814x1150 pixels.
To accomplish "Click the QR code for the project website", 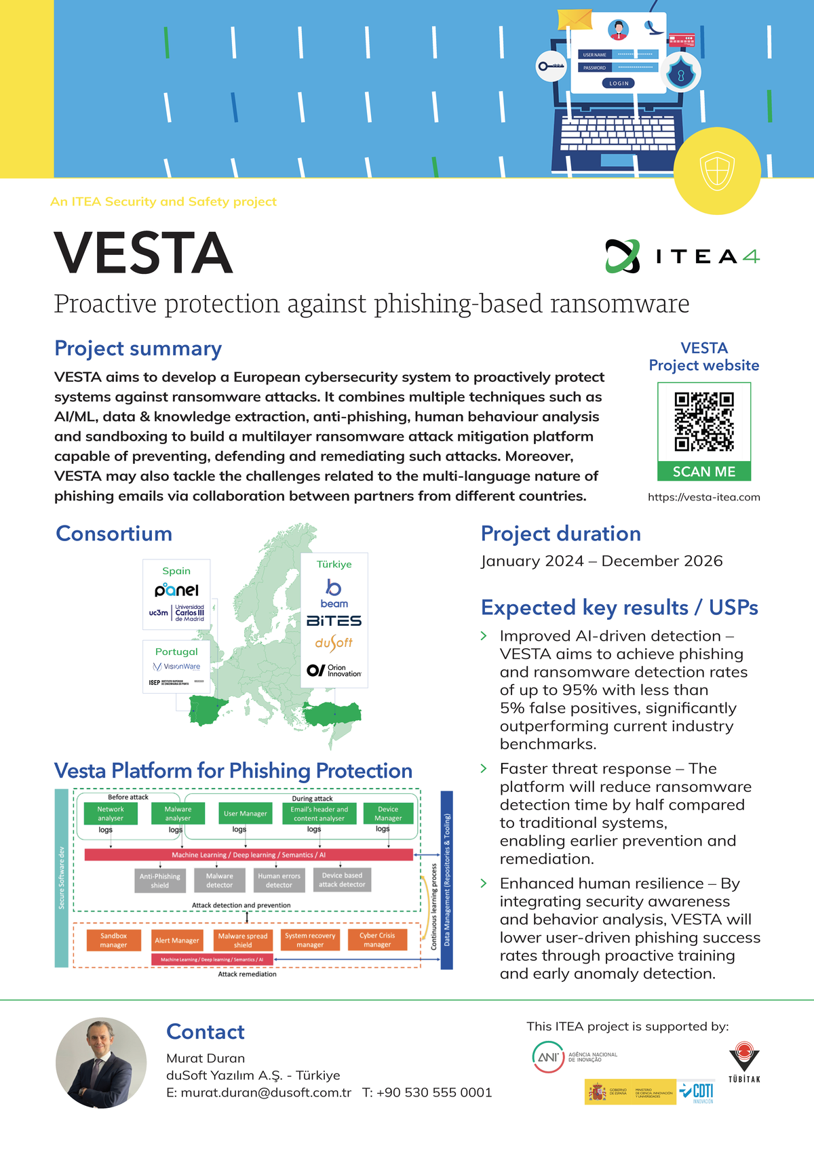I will pos(704,422).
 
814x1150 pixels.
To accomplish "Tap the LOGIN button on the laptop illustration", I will pos(618,83).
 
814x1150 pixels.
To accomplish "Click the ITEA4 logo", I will pos(682,256).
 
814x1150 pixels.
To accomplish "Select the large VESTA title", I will pos(143,253).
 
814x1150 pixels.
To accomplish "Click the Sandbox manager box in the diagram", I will pos(113,940).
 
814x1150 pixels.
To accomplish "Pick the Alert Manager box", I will pos(176,940).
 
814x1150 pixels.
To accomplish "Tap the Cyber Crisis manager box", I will pos(377,940).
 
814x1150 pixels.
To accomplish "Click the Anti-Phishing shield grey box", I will pos(159,880).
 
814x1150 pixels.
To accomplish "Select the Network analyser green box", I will pos(111,814).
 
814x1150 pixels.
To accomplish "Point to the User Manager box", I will pos(245,814).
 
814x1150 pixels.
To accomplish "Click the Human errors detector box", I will pos(279,880).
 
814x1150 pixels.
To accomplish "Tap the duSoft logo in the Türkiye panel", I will pos(334,643).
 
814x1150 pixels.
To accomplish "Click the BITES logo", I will pos(334,620).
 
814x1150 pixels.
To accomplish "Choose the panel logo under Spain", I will pos(176,590).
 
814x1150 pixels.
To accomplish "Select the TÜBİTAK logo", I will pos(744,1062).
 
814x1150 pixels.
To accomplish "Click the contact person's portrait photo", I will pos(101,1063).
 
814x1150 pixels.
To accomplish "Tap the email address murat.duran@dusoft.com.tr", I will pos(265,1092).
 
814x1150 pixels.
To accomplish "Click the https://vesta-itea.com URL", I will pos(704,497).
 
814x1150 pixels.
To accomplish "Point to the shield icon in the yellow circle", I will pos(717,171).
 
